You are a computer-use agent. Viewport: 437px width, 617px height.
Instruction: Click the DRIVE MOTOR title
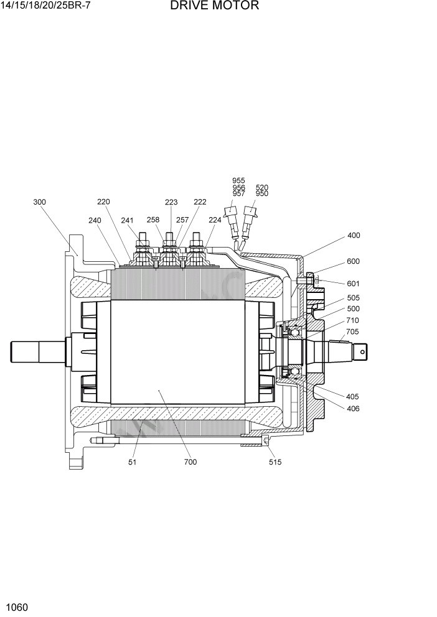point(214,7)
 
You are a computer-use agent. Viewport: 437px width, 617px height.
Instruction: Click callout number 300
point(39,202)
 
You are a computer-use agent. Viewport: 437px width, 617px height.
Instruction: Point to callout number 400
point(354,236)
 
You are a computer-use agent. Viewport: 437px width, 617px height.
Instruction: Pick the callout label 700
point(190,462)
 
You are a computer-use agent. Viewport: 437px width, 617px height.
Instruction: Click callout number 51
point(133,462)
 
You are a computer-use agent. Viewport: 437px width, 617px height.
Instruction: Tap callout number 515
point(275,462)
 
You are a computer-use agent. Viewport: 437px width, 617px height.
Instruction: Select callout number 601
point(354,284)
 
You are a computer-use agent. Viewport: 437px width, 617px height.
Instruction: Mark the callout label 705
point(352,332)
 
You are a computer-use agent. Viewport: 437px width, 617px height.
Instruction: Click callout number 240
point(95,220)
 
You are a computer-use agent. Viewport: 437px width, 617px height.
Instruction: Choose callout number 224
point(215,220)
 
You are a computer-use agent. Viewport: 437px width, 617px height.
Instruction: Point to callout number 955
point(238,181)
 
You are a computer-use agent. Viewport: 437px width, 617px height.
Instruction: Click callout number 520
point(262,187)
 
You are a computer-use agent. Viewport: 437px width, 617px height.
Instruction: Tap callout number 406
point(352,409)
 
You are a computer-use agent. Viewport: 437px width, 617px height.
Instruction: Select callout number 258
point(153,220)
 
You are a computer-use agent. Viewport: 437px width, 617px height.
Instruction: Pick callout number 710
point(352,320)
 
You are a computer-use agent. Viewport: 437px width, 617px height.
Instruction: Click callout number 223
point(171,202)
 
